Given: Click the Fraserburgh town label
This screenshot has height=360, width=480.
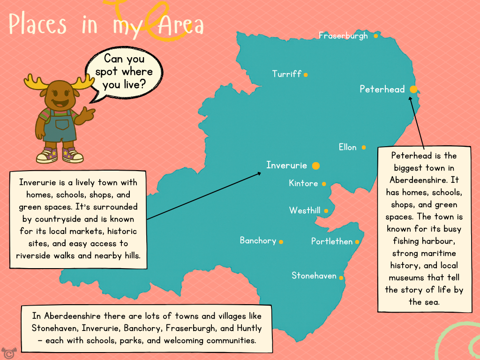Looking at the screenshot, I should [x=343, y=36].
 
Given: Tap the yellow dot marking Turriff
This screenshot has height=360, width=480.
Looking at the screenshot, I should [x=306, y=75].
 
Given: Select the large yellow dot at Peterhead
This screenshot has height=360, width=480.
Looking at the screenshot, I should [x=413, y=89].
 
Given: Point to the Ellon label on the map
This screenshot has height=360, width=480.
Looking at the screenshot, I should [x=347, y=147].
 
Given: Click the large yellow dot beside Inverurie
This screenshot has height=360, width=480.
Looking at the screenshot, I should [x=316, y=165].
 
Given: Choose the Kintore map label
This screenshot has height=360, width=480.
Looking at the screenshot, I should [x=303, y=183].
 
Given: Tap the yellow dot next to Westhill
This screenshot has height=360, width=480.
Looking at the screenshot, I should [x=326, y=211].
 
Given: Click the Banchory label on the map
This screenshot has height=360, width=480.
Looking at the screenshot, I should [x=258, y=240].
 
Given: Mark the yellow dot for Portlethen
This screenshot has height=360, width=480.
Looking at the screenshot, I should [x=357, y=242].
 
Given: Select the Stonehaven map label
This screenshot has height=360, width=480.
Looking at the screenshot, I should [x=314, y=276].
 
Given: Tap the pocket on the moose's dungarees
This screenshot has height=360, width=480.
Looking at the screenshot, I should [x=62, y=125].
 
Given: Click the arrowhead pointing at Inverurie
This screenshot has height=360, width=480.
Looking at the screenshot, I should [x=259, y=173].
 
